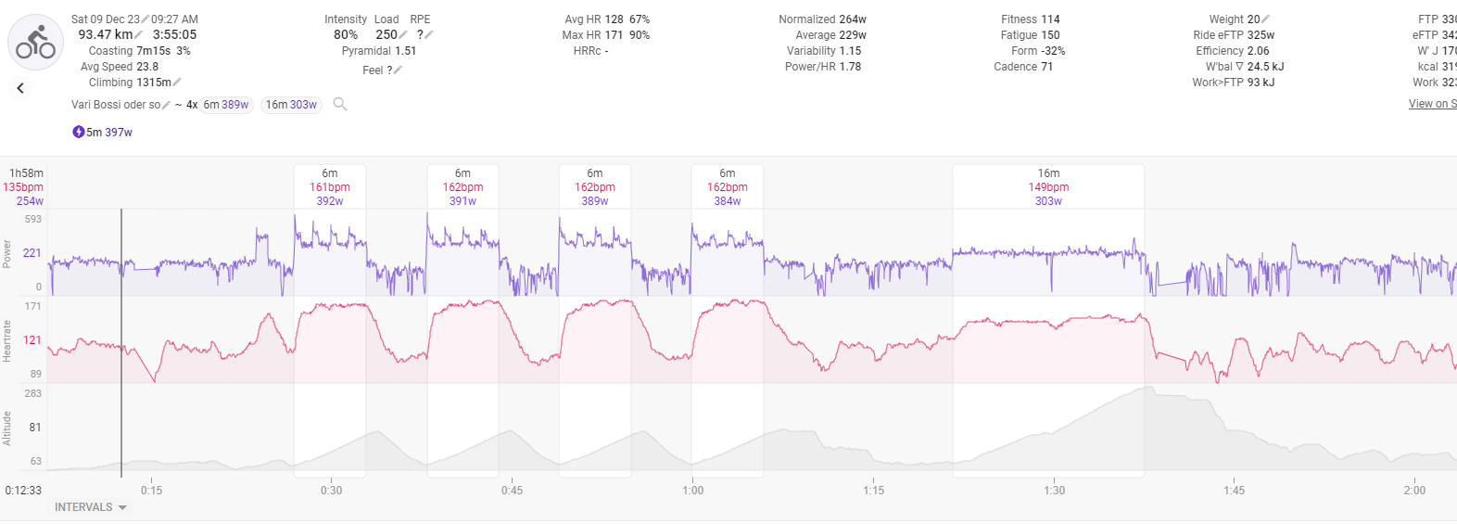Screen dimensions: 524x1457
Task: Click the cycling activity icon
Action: [35, 43]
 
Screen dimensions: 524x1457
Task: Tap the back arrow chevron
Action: [20, 88]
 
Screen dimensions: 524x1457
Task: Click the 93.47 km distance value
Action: [105, 34]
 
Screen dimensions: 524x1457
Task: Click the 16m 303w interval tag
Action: [291, 105]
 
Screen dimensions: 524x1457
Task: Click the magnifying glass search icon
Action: [340, 104]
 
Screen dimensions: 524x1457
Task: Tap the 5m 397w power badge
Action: [103, 133]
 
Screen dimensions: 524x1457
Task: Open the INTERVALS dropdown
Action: [90, 507]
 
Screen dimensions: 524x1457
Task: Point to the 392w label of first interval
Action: [330, 201]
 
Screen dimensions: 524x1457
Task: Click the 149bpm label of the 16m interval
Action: [1048, 187]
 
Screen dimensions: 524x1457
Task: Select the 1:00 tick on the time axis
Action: [692, 491]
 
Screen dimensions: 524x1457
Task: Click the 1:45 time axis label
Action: [1234, 491]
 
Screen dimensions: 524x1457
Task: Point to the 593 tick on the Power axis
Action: [33, 219]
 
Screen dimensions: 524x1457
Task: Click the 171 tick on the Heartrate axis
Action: [33, 306]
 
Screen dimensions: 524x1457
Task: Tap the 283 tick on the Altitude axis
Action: [33, 393]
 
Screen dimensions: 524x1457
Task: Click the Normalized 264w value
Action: [852, 19]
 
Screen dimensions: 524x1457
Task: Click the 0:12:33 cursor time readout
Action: [23, 491]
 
